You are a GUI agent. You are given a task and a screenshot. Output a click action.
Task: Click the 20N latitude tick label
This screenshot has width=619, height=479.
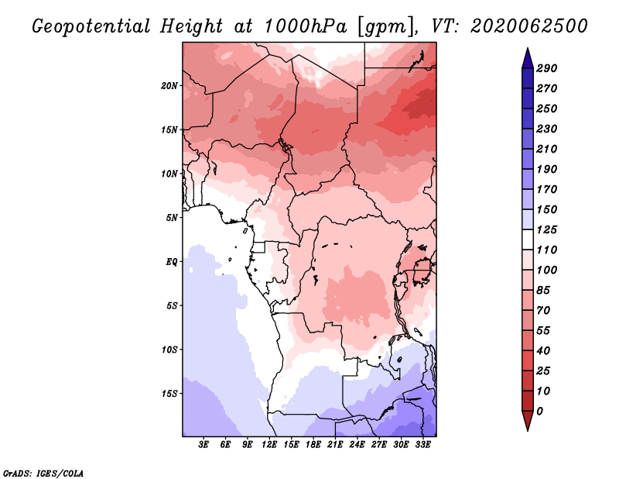(x=169, y=86)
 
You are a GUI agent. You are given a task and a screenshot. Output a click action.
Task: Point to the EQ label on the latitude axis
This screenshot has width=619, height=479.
(x=172, y=262)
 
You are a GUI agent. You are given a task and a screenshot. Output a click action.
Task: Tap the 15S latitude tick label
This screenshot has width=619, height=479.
(x=169, y=394)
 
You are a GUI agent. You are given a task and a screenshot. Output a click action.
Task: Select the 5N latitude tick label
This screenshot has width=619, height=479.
(x=172, y=218)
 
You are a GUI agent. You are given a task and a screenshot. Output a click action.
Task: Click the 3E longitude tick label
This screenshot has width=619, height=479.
(x=203, y=445)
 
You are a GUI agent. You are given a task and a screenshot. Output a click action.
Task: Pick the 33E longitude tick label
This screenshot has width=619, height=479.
(x=422, y=445)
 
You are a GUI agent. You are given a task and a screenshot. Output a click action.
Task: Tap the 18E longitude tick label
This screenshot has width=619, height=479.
(x=313, y=445)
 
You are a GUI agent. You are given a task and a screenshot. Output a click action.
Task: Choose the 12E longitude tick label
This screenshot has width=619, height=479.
(x=269, y=445)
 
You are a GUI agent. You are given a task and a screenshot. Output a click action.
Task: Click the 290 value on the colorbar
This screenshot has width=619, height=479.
(x=547, y=68)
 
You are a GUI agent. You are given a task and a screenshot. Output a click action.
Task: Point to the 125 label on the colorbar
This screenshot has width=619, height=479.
(x=547, y=229)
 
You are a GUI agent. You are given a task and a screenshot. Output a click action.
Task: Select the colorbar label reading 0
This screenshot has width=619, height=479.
(x=539, y=412)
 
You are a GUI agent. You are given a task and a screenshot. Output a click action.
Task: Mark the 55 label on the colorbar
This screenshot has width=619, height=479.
(x=543, y=331)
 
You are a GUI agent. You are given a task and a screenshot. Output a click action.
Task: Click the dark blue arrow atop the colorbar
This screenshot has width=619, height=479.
(x=528, y=58)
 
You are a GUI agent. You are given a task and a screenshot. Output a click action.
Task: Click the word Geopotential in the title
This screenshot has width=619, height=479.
(x=91, y=27)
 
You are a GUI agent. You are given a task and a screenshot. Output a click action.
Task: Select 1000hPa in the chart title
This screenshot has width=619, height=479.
(x=305, y=26)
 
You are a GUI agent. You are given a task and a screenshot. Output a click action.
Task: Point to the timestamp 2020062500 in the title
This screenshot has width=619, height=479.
(x=529, y=26)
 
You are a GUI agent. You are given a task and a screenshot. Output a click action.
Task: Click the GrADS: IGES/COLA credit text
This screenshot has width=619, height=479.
(x=43, y=474)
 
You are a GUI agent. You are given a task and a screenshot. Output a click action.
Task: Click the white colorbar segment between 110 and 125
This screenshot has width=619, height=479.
(x=528, y=240)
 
